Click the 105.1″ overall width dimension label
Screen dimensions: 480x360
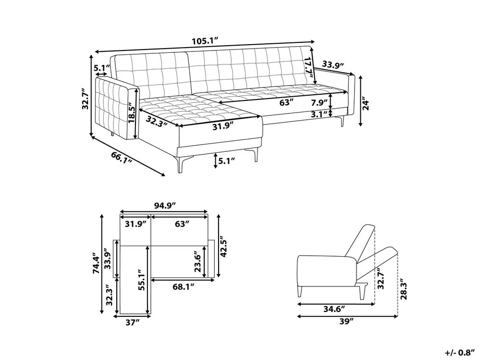pos(205,41)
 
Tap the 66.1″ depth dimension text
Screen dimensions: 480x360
pos(122,157)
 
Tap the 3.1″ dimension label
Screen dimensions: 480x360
pos(317,114)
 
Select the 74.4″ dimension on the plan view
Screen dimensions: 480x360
pos(96,263)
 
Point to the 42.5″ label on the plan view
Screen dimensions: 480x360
pos(224,247)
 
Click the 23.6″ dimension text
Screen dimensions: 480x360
pos(197,262)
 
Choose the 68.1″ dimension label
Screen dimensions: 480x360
pos(184,286)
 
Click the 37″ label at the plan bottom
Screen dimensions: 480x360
pos(132,322)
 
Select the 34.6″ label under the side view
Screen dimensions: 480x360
pos(334,309)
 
